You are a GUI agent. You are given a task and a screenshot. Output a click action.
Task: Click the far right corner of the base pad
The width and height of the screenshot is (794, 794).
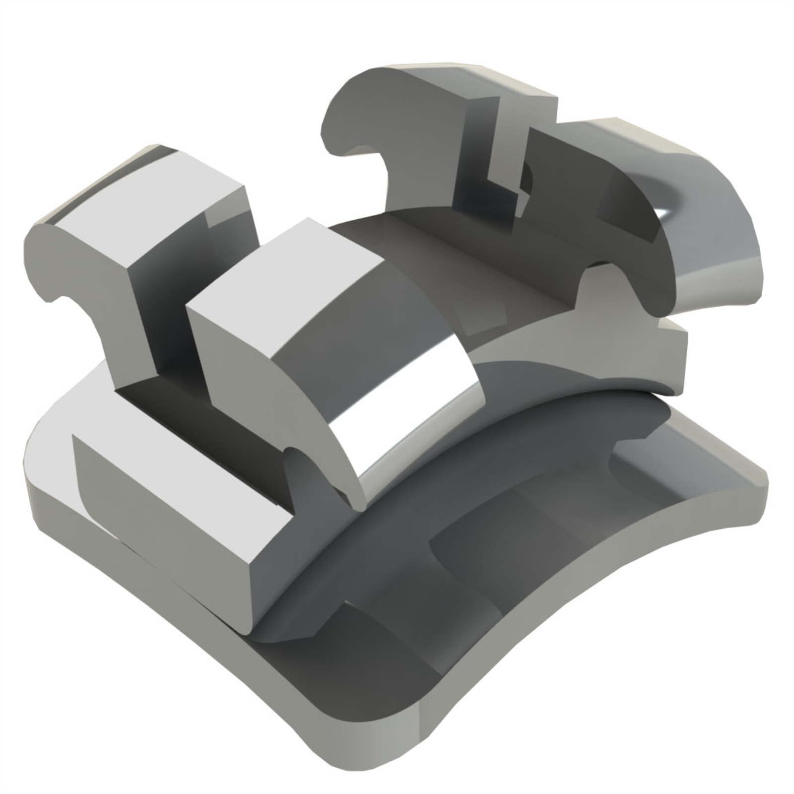pyautogui.click(x=759, y=476)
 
